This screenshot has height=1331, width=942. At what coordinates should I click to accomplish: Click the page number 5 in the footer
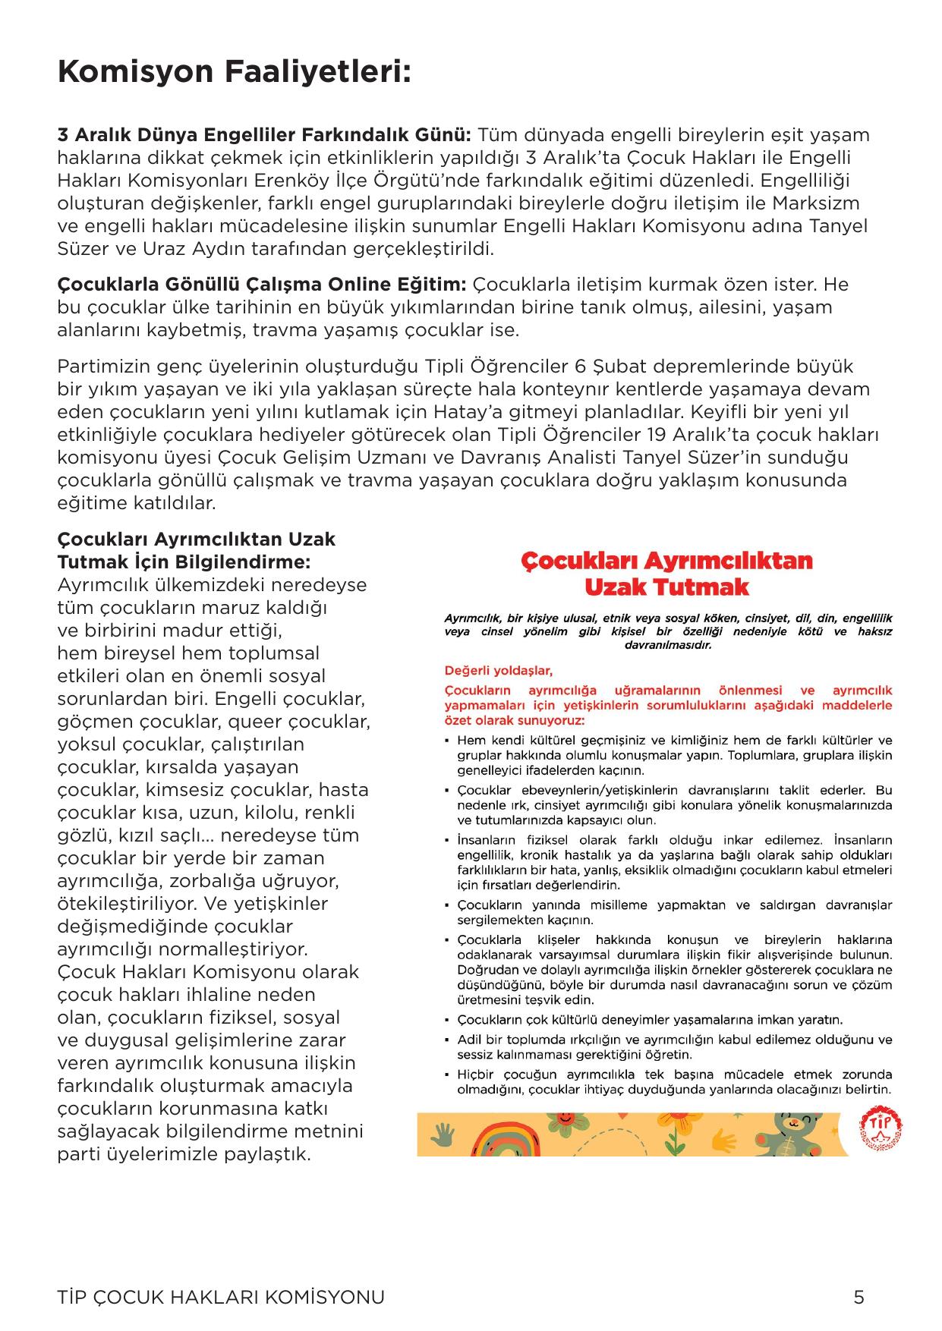point(859,1297)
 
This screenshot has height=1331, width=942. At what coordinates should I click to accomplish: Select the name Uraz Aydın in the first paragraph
point(164,249)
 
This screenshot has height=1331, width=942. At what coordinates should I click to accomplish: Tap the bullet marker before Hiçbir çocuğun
point(449,1075)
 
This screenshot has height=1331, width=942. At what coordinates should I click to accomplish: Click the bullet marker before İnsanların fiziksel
point(449,841)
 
